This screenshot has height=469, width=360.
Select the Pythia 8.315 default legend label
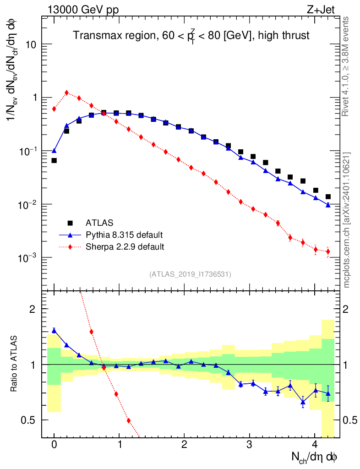point(124,235)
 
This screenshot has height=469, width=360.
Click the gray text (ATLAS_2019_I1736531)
point(190,274)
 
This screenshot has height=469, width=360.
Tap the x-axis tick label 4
point(315,445)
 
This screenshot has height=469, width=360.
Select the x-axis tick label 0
point(54,445)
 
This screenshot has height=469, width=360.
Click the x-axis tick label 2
point(184,445)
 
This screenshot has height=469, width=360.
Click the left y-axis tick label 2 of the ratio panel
point(33,309)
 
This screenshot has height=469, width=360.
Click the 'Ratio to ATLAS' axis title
point(14,364)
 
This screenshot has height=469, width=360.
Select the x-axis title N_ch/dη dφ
point(314,457)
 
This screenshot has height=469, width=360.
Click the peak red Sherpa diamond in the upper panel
point(67,93)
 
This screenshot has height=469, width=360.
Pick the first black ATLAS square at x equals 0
point(54,160)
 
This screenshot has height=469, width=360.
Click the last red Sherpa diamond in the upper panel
point(328,251)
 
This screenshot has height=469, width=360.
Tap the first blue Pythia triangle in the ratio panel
point(54,330)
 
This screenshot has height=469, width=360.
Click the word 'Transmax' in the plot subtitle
point(96,35)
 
